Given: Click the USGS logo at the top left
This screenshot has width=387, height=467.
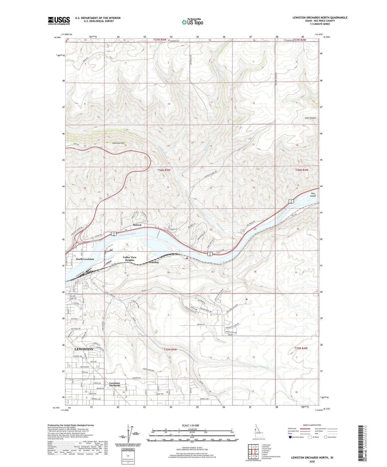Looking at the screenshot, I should pos(59,20).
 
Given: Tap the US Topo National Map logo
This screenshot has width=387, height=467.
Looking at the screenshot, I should pos(192,22).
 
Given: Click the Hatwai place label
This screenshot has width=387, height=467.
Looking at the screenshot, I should pos(137,225).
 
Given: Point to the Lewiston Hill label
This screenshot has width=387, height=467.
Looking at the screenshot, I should pos(118,143).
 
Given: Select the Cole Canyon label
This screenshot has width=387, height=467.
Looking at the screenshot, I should pos(310,118).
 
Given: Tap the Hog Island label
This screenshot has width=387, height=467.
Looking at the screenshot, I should pos(313,194).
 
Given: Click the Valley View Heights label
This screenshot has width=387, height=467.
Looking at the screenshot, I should pos(129,259).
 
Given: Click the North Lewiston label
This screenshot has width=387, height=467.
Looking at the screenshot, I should pos(85,259).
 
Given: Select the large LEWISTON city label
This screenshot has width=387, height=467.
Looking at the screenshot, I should pos(84,349).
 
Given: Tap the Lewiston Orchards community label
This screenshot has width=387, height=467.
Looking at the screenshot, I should pos(115,384).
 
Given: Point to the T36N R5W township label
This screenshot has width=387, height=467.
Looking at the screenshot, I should pos(164,170).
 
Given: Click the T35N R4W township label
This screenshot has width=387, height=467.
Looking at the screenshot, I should pos(301,348).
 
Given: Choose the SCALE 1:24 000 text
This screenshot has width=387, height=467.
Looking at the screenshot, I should pos(190,426).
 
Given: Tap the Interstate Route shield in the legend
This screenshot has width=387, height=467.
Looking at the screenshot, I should pos(291,437).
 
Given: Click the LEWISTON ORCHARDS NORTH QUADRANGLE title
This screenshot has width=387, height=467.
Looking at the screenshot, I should pos(320,18).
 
